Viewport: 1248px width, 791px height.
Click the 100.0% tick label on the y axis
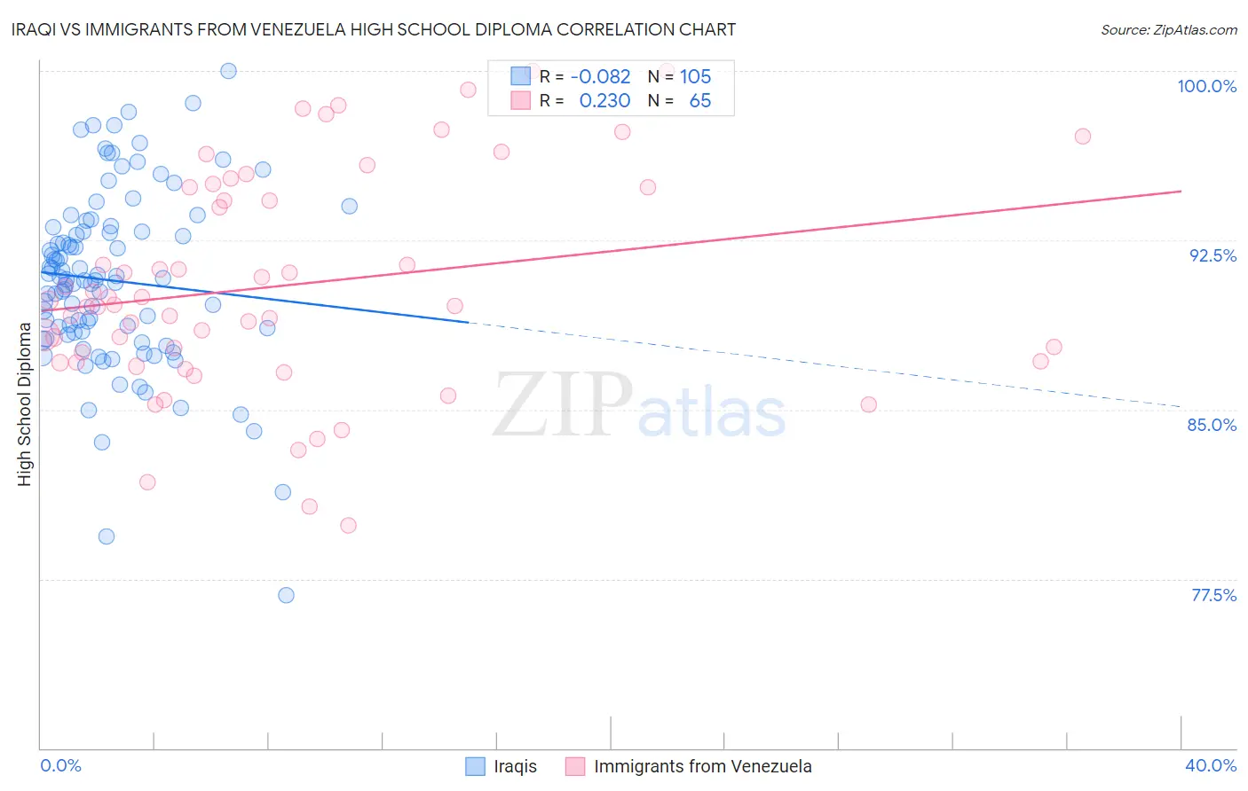1206,86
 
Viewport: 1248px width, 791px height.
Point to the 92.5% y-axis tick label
1212,255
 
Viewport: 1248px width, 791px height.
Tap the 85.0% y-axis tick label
1212,425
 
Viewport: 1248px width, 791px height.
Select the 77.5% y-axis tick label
1213,595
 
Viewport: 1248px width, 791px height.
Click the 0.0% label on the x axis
60,765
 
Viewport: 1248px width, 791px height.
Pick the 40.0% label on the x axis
1210,765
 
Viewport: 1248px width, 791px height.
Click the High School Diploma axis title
25,404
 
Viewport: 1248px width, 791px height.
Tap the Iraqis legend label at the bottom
515,766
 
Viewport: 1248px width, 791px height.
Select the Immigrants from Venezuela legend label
702,766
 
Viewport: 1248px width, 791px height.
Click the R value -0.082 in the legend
601,77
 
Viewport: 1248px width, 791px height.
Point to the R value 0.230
604,101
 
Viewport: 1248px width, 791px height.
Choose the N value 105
695,77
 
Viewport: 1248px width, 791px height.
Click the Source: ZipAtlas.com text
1168,30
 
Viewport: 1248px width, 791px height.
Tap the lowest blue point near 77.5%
286,595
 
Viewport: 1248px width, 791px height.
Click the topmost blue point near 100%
228,71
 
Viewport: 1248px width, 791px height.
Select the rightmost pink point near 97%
1082,137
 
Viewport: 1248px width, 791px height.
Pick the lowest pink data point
348,526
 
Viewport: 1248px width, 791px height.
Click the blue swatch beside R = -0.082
520,76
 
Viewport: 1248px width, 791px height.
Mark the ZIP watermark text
563,405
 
